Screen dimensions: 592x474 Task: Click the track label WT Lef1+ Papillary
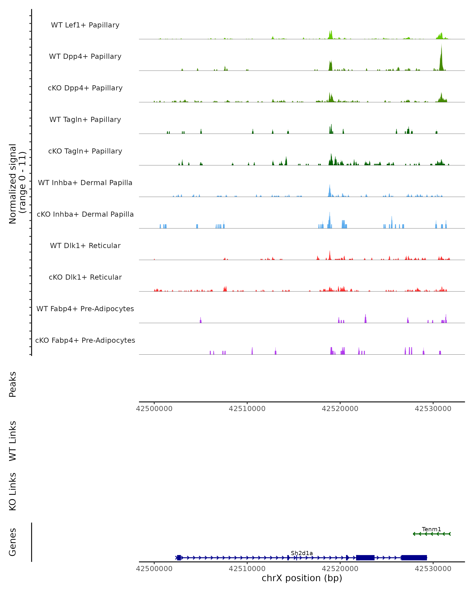tap(85, 25)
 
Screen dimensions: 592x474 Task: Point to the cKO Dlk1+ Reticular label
tap(85, 277)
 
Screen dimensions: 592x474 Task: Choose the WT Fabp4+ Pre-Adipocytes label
tap(85, 309)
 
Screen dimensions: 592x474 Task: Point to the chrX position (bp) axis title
tap(302, 578)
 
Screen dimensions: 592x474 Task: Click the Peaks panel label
tap(13, 384)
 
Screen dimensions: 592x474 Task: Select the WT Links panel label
tap(13, 441)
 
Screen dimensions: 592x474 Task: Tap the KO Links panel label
tap(13, 492)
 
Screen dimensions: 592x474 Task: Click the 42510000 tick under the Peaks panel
tap(247, 409)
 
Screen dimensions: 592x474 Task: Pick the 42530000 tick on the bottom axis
tap(433, 569)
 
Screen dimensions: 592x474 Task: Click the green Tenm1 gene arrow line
tap(431, 534)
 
